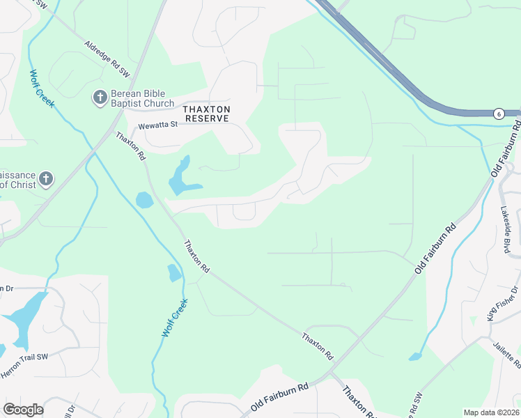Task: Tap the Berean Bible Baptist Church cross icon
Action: [100, 98]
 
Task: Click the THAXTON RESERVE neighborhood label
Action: [206, 114]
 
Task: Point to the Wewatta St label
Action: [158, 125]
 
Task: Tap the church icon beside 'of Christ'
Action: [46, 179]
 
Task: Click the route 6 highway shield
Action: [499, 114]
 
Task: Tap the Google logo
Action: [24, 410]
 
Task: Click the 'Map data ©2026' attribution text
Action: [491, 412]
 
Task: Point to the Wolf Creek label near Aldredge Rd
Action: [42, 88]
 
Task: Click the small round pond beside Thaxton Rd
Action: [144, 201]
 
